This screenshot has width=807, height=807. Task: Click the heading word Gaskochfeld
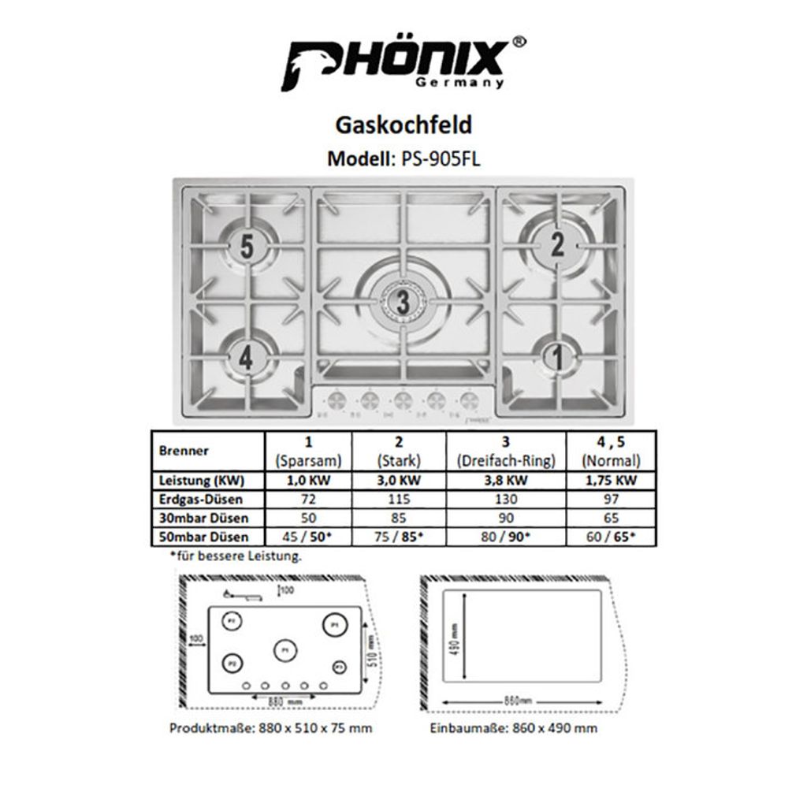coord(403,125)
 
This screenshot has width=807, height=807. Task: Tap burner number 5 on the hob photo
coord(247,247)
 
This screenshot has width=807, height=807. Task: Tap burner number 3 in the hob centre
coord(403,301)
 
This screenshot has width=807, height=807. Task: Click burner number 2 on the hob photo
coord(557,245)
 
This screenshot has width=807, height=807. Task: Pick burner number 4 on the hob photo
coord(247,359)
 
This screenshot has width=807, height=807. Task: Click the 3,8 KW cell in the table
coord(504,480)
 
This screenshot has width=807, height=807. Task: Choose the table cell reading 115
coord(399,499)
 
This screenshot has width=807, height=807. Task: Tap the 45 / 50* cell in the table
coord(308,537)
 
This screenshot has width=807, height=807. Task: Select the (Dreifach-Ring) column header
coord(505,460)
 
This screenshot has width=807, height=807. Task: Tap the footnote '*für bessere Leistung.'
coord(235,556)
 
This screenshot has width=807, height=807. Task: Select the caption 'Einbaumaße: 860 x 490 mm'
coord(513,728)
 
